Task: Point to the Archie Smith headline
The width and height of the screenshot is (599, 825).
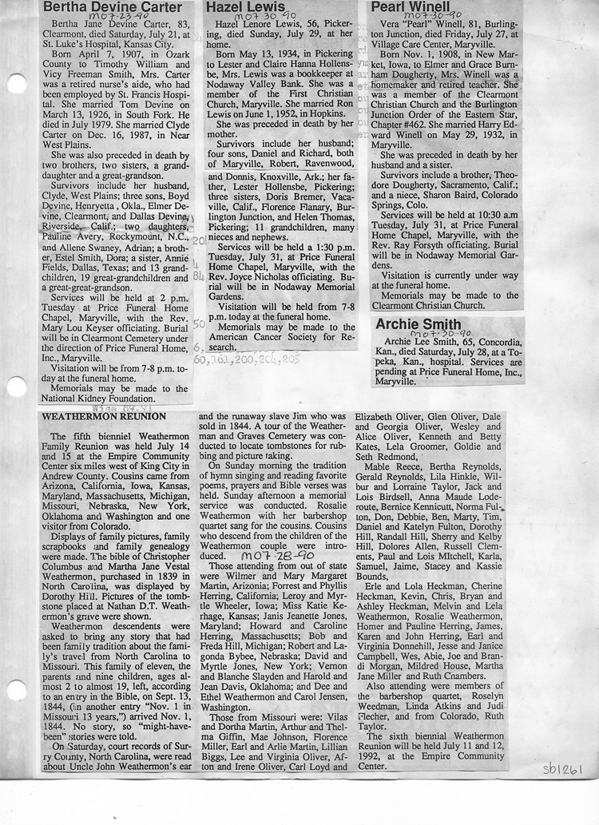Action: pos(419,323)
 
